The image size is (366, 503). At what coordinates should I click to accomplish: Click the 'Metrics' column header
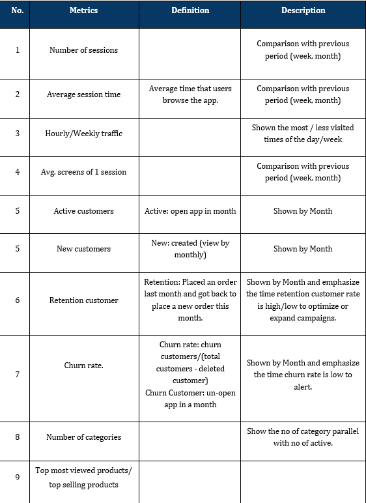point(83,10)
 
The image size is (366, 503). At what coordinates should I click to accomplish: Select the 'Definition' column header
point(190,10)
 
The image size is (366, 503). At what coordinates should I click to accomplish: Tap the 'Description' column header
point(303,10)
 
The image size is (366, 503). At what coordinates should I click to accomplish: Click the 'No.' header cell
point(18,10)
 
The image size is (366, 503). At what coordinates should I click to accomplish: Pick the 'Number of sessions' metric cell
point(83,50)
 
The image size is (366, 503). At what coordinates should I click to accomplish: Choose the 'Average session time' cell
point(83,94)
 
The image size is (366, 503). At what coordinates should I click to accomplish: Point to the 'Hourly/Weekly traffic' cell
point(83,134)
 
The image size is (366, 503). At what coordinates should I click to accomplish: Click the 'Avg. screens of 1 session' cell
point(83,172)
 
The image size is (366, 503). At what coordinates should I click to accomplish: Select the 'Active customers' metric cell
point(83,211)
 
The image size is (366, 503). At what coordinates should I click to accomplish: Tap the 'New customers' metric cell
point(83,249)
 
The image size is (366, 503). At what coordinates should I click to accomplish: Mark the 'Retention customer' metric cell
point(83,300)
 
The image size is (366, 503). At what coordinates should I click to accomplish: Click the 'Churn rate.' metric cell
point(83,366)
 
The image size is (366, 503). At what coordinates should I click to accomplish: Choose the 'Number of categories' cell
point(83,437)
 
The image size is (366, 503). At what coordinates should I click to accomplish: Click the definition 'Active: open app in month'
point(190,211)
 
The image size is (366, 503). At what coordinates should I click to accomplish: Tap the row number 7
point(18,375)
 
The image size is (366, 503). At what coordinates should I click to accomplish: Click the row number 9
point(18,478)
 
